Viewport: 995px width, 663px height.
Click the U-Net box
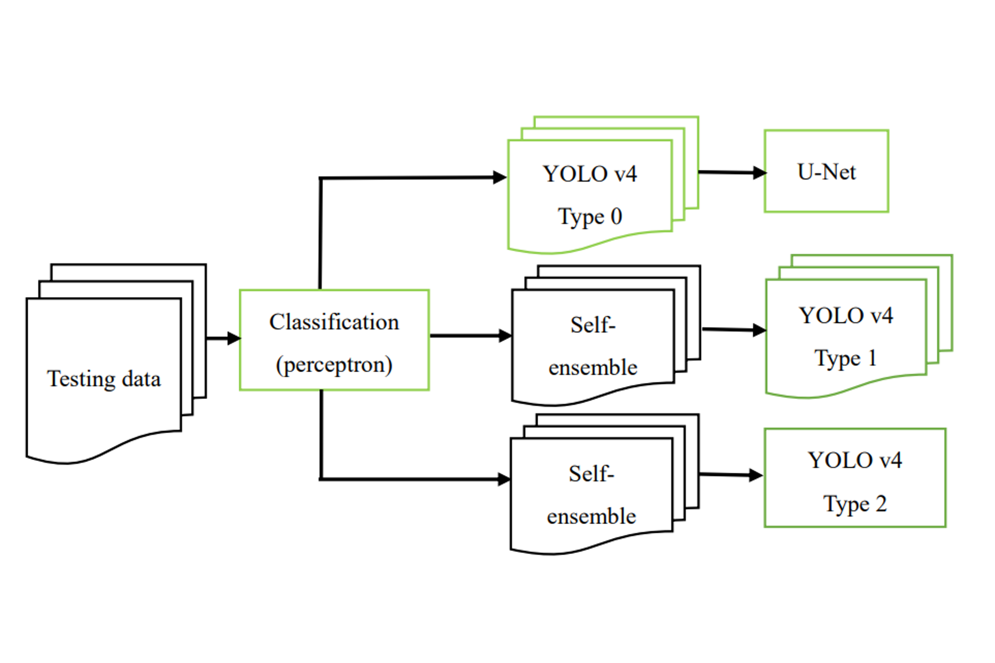826,171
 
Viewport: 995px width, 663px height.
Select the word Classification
334,322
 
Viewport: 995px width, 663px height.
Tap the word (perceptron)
334,365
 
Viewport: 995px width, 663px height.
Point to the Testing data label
104,379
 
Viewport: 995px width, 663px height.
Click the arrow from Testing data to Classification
223,338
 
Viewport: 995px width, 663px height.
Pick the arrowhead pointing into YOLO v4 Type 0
500,177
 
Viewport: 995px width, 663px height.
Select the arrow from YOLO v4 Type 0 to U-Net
731,173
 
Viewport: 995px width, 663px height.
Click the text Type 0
590,217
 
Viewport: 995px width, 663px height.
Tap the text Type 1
846,358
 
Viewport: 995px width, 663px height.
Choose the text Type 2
855,504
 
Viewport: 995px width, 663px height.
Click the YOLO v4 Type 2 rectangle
855,477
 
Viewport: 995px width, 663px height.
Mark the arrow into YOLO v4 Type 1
733,330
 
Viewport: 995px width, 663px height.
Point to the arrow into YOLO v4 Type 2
731,474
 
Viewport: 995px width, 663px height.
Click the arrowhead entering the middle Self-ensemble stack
505,336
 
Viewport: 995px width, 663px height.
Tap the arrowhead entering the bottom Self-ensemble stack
504,479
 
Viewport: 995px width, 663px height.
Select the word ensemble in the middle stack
593,368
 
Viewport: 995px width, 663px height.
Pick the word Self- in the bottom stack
591,474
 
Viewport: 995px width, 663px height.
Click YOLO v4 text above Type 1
846,316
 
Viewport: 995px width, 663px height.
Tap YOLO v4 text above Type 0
590,174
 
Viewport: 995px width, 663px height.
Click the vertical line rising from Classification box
321,236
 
